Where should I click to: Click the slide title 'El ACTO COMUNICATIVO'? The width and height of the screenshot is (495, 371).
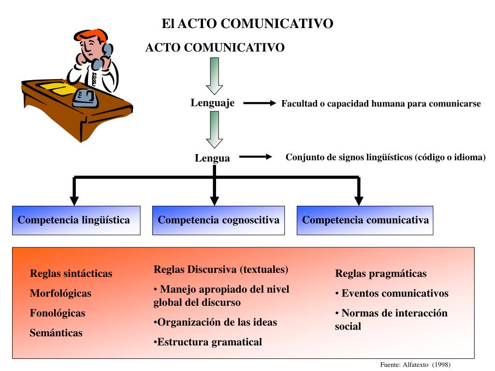click(247, 23)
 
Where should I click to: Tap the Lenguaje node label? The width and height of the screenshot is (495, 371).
click(212, 102)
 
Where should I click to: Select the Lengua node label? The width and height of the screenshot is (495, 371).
click(212, 158)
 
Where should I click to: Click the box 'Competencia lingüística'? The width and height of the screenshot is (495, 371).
click(76, 220)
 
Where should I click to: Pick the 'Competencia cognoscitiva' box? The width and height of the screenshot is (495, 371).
click(218, 220)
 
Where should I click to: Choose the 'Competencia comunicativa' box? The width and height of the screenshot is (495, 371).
click(365, 220)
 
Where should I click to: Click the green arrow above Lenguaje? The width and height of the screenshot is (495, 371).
click(214, 75)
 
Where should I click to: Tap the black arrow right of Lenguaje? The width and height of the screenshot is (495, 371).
click(259, 103)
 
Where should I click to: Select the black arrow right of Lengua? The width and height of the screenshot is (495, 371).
click(256, 157)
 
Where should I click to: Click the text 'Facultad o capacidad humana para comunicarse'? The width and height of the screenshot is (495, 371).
click(381, 103)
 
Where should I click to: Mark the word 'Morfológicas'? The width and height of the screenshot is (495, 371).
click(60, 293)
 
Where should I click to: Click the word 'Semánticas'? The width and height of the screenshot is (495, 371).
click(56, 333)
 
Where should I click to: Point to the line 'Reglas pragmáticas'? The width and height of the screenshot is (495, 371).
click(381, 274)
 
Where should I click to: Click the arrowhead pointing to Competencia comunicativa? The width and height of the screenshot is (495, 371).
click(359, 200)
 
